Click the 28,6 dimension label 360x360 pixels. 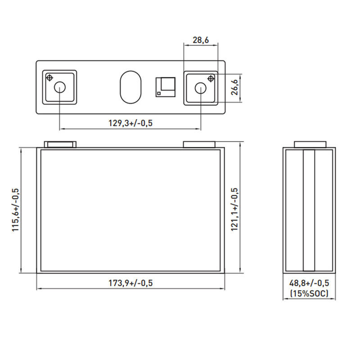pyautogui.click(x=201, y=40)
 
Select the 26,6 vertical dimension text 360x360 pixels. pyautogui.click(x=234, y=87)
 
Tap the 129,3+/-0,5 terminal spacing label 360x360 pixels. pyautogui.click(x=130, y=123)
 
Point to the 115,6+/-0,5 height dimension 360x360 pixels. pyautogui.click(x=16, y=210)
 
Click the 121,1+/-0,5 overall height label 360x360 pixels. pyautogui.click(x=234, y=209)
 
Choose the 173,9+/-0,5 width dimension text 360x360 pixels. pyautogui.click(x=130, y=283)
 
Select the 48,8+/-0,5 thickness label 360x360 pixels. pyautogui.click(x=309, y=283)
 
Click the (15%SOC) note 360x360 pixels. pyautogui.click(x=309, y=293)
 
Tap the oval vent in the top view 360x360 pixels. pyautogui.click(x=130, y=87)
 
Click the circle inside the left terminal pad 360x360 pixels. pyautogui.click(x=60, y=87)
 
